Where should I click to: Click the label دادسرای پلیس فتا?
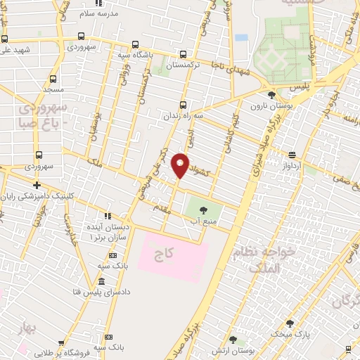pyautogui.click(x=106, y=291)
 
